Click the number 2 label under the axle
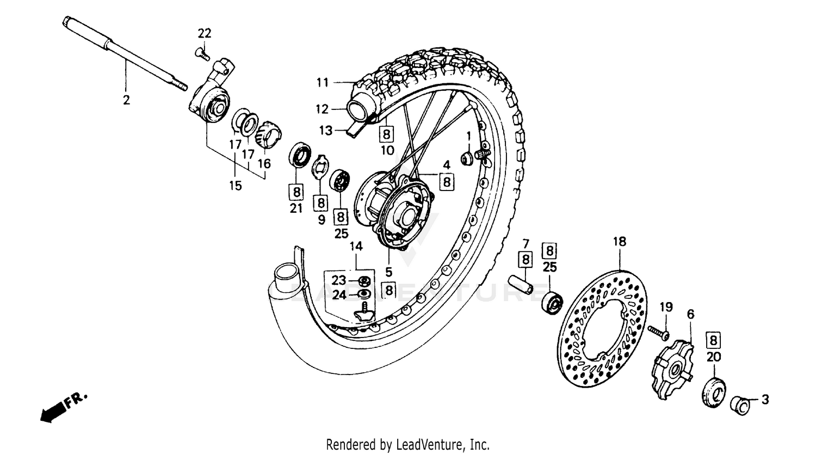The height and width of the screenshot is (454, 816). pos(126,100)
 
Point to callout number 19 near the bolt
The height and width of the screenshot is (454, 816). pos(666,307)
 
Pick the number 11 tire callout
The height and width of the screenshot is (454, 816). pos(323,83)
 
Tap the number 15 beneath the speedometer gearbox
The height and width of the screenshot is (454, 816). pos(234,186)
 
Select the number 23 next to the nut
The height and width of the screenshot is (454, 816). pos(339,280)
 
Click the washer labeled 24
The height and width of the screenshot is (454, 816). pos(365,295)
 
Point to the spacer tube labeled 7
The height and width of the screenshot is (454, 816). pos(520,287)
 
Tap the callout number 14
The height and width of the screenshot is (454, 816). pos(356,247)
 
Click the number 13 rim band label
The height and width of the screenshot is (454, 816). pos(325,131)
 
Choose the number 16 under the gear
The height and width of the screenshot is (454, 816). pos(264,163)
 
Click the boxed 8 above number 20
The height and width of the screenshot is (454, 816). pos(714,341)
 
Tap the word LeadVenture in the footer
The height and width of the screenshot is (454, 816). pos(435,444)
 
